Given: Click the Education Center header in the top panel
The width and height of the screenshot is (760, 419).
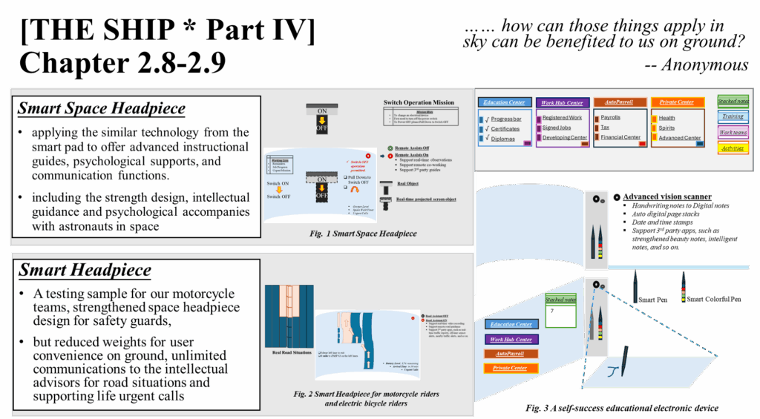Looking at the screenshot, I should point(504,102).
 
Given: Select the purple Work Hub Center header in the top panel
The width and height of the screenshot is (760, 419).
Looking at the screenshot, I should point(562,102).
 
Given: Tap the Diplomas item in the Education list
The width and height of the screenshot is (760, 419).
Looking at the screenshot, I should point(502,139).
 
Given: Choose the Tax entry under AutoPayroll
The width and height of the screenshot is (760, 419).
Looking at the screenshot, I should point(605,128).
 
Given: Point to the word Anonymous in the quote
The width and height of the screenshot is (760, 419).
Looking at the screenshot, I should point(704,65).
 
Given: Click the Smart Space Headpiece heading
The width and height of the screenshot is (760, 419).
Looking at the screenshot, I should point(102,109).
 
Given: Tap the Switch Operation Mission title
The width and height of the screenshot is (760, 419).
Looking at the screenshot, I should point(419,102).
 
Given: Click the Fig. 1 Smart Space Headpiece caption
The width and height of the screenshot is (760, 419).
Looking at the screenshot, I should point(364,234).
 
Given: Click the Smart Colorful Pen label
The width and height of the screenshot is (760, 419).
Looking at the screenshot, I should point(715,299).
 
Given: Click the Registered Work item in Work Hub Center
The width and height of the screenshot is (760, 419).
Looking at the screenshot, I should point(562,117).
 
